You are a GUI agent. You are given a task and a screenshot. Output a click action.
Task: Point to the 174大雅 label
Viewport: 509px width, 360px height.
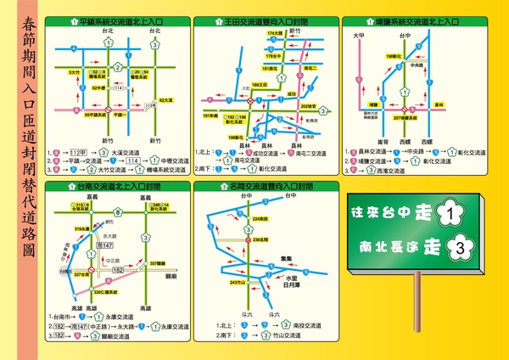[x=273, y=32]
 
